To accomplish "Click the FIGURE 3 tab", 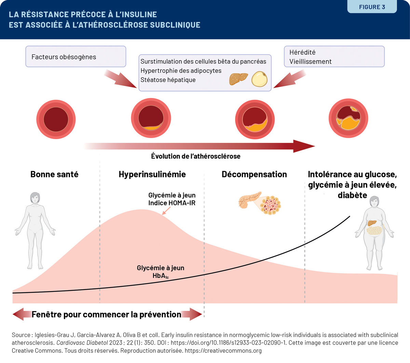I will point(372,7).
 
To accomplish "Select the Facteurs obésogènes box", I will point(76,57).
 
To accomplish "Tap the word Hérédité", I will point(302,52).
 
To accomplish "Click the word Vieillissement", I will point(310,62).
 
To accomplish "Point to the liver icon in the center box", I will point(238,78).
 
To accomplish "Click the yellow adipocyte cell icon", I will point(259,79).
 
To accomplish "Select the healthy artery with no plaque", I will point(56,119).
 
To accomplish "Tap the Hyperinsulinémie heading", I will point(152,174).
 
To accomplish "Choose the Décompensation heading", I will point(254,174).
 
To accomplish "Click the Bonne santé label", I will point(54,174).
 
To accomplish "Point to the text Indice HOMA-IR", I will point(172,203).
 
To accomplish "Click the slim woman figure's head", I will point(35,197).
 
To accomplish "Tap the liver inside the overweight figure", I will point(372,223).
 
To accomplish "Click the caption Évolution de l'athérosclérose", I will point(195,156).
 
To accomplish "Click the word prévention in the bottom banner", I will point(161,314).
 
